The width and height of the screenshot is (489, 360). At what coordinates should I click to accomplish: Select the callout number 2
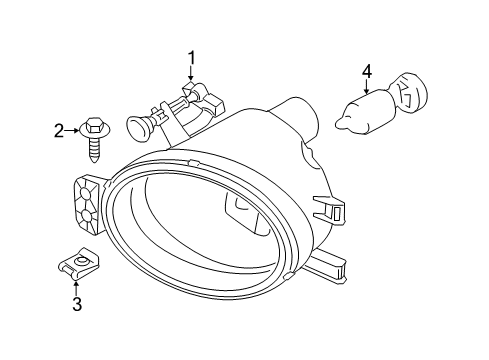point(59,129)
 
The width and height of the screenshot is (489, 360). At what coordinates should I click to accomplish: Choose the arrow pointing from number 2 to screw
point(74,129)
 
